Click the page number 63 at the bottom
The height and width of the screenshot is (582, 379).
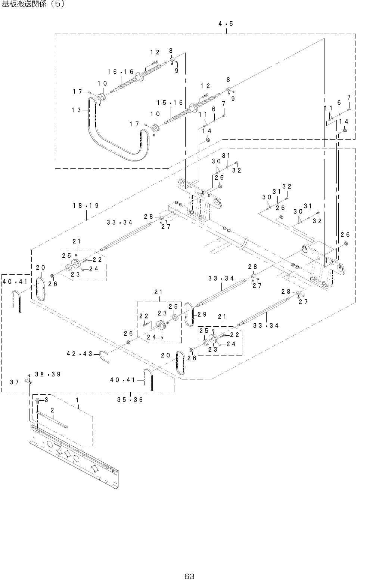(189, 576)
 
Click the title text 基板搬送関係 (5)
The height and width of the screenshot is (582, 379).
(33, 4)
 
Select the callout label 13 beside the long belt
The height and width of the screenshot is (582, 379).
(76, 110)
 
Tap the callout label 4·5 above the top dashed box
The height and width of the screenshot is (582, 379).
(226, 24)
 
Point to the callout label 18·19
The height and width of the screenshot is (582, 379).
(86, 206)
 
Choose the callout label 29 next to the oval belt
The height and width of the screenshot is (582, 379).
(202, 314)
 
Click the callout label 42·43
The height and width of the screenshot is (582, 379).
(80, 354)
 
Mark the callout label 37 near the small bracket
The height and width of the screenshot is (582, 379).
(15, 382)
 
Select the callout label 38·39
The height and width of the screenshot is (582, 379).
(48, 374)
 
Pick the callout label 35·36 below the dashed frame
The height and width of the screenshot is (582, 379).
(130, 400)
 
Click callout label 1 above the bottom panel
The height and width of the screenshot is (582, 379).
(77, 400)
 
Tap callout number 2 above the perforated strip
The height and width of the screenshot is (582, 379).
(52, 410)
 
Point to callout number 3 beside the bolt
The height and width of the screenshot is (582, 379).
(46, 400)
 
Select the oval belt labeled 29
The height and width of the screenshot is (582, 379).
(189, 314)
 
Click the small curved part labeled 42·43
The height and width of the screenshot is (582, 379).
(104, 356)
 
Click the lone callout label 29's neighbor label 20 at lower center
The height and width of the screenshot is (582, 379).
(165, 355)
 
